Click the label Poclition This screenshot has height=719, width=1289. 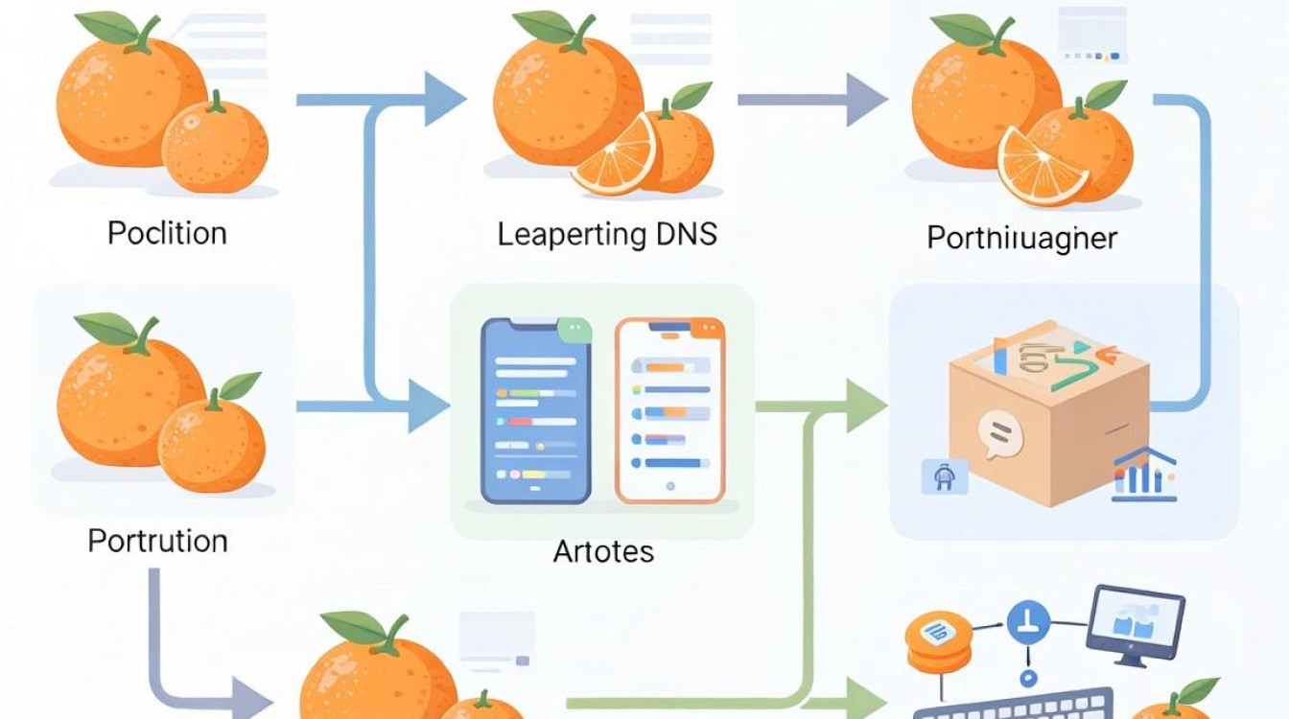[167, 234]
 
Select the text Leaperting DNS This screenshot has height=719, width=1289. [607, 235]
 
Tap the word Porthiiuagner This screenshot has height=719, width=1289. [1022, 238]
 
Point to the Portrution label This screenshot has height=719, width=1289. [157, 542]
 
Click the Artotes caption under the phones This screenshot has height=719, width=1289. [603, 551]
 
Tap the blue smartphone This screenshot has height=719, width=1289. [536, 410]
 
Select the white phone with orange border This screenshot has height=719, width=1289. [669, 410]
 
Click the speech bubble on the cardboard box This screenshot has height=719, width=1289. [1000, 435]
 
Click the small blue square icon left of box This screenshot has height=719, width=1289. [945, 476]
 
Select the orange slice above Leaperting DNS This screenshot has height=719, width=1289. [615, 156]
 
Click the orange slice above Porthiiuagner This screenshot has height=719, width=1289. [1041, 167]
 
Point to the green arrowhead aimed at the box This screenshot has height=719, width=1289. [867, 406]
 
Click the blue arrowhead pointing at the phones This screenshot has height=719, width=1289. [428, 406]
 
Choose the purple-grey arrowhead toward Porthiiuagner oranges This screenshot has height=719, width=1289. [867, 100]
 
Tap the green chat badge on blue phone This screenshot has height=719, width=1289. [574, 330]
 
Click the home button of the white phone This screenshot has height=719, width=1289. [669, 486]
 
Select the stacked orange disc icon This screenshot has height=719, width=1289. [939, 642]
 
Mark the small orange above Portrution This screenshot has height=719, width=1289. [212, 439]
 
